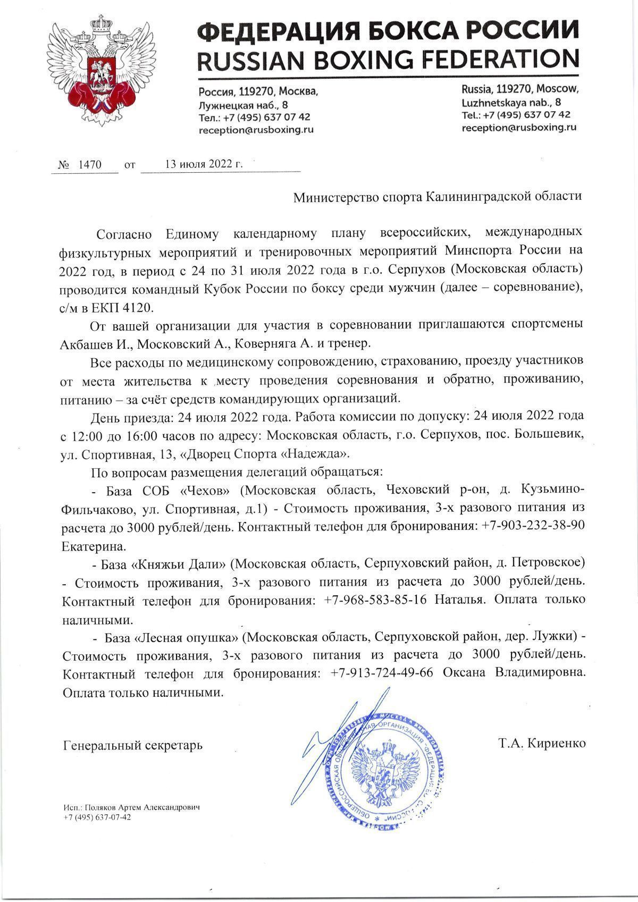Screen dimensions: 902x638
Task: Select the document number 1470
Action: tap(89, 164)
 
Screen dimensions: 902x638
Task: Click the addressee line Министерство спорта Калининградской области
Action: tap(438, 197)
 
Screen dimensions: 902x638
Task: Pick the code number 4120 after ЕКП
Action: tap(138, 307)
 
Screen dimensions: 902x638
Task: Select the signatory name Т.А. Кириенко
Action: tap(542, 743)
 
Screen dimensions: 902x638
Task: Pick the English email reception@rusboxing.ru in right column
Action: tap(519, 128)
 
